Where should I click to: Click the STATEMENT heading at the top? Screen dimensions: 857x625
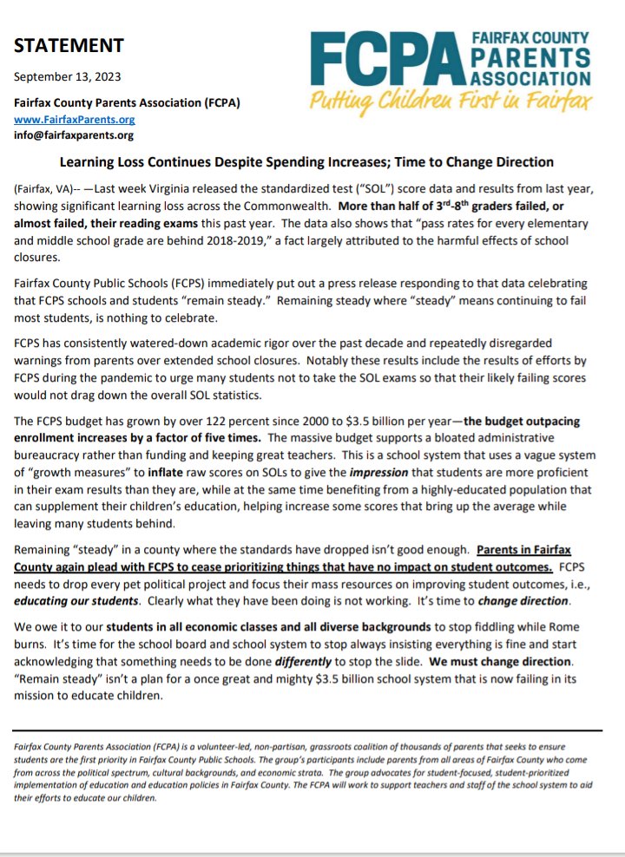(69, 45)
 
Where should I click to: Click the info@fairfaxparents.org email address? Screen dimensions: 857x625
(74, 135)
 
